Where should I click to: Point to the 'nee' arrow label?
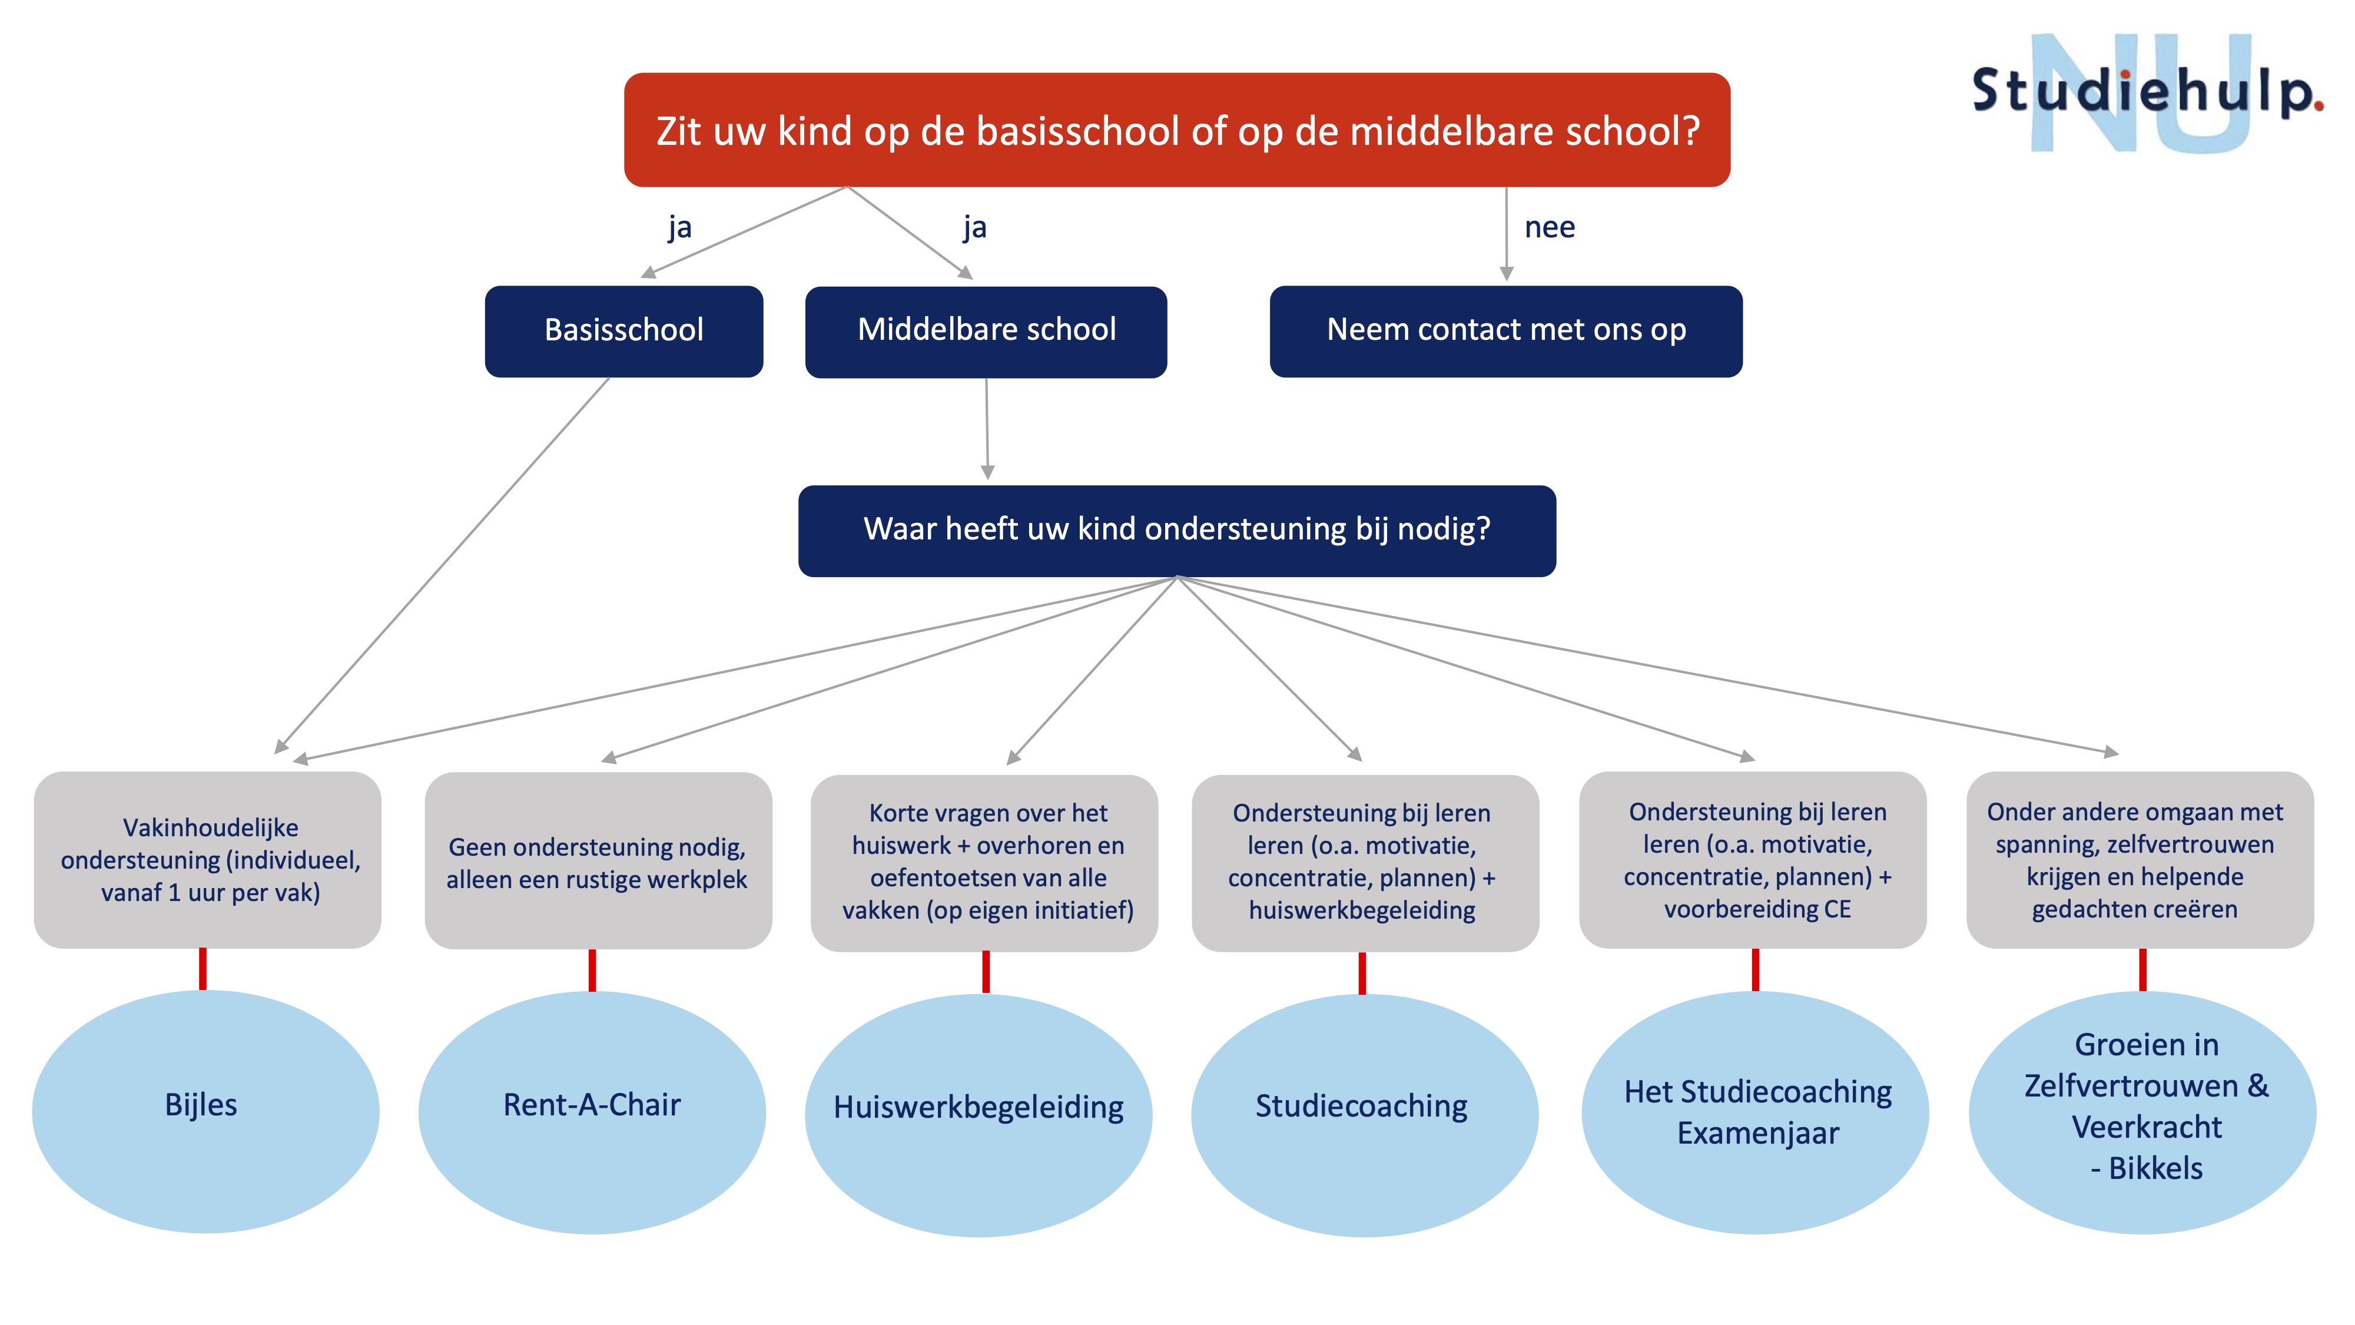(x=1550, y=227)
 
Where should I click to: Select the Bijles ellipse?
(x=205, y=1111)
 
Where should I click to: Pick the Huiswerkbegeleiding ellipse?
(x=978, y=1115)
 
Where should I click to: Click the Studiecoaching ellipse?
(x=1365, y=1115)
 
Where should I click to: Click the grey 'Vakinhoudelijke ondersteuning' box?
(x=207, y=860)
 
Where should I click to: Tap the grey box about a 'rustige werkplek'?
(x=598, y=860)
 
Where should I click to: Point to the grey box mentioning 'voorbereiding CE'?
(x=1753, y=860)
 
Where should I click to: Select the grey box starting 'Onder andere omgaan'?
(x=2140, y=860)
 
